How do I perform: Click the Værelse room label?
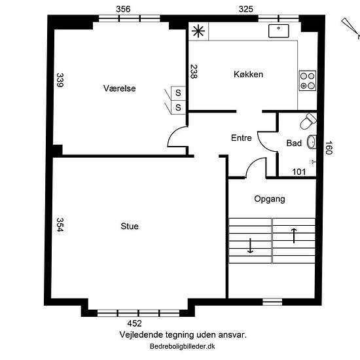(119, 88)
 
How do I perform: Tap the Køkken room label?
(249, 75)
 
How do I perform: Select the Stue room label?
(130, 226)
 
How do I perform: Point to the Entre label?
(242, 137)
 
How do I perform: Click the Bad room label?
(294, 143)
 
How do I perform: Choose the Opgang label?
(270, 199)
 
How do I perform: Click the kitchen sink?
(279, 31)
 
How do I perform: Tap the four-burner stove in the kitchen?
(308, 81)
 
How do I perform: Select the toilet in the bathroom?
(308, 121)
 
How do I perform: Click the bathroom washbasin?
(312, 142)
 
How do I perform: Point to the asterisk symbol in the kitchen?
(198, 31)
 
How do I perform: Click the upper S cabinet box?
(178, 93)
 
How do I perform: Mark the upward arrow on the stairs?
(294, 236)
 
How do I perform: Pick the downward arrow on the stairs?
(250, 245)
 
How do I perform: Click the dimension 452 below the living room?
(135, 323)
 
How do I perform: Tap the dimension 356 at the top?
(123, 9)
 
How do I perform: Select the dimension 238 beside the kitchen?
(194, 71)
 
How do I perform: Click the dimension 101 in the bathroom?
(299, 171)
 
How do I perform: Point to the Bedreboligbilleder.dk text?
(183, 346)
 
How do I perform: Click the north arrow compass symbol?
(351, 27)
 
